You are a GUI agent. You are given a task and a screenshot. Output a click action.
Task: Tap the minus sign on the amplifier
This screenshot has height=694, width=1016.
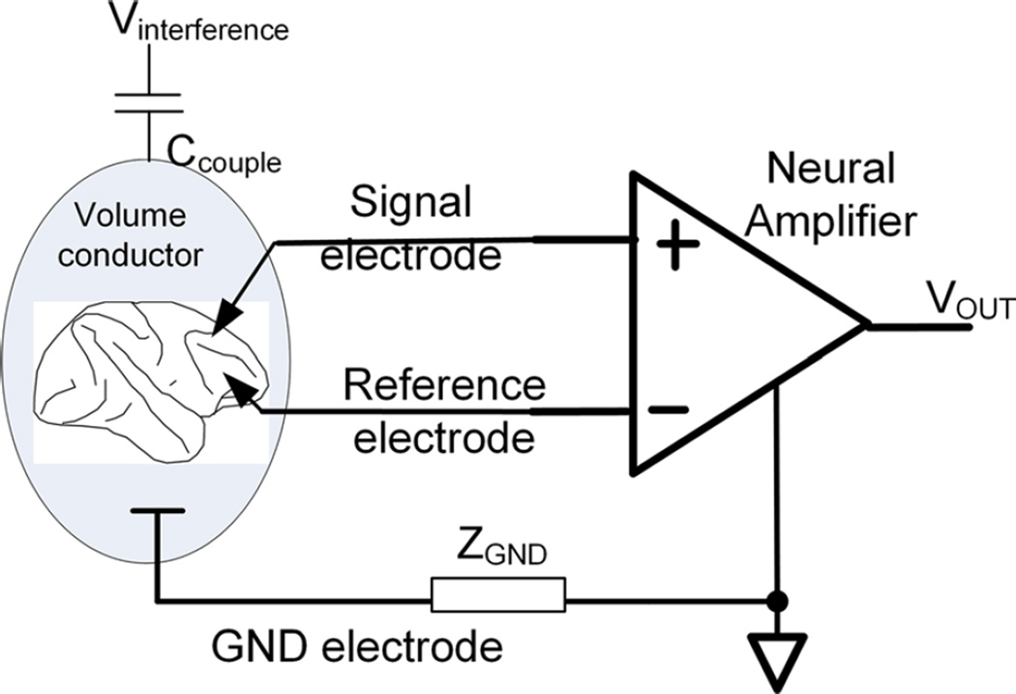point(669,408)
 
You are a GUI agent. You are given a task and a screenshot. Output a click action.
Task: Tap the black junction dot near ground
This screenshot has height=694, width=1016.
point(774,602)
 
